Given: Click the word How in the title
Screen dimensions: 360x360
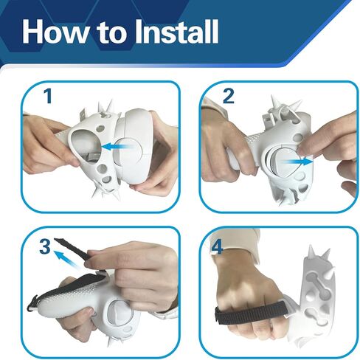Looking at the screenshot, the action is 55,32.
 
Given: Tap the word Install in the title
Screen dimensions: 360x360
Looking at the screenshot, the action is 176,32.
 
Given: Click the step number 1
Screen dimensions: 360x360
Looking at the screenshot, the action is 48,96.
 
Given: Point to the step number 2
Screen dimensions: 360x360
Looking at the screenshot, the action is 228,96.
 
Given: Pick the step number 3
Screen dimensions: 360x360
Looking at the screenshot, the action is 45,246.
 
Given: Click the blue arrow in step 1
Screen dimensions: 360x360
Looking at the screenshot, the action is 117,147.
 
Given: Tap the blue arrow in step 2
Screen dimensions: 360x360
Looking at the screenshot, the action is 297,162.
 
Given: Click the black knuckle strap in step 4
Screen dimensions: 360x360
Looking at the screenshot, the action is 251,312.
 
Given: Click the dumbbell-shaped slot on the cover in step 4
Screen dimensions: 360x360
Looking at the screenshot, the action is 319,283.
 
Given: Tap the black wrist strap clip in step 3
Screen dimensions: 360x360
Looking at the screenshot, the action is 34,303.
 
